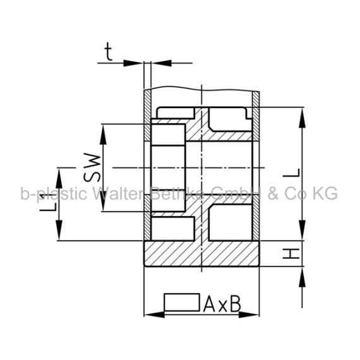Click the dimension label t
(x=109, y=52)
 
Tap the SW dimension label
(x=92, y=167)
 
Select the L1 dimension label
(x=48, y=203)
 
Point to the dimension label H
(x=291, y=253)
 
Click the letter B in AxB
(x=236, y=304)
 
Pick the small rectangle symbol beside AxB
(x=182, y=303)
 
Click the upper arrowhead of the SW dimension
(x=103, y=135)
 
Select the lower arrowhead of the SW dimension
(x=103, y=200)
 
